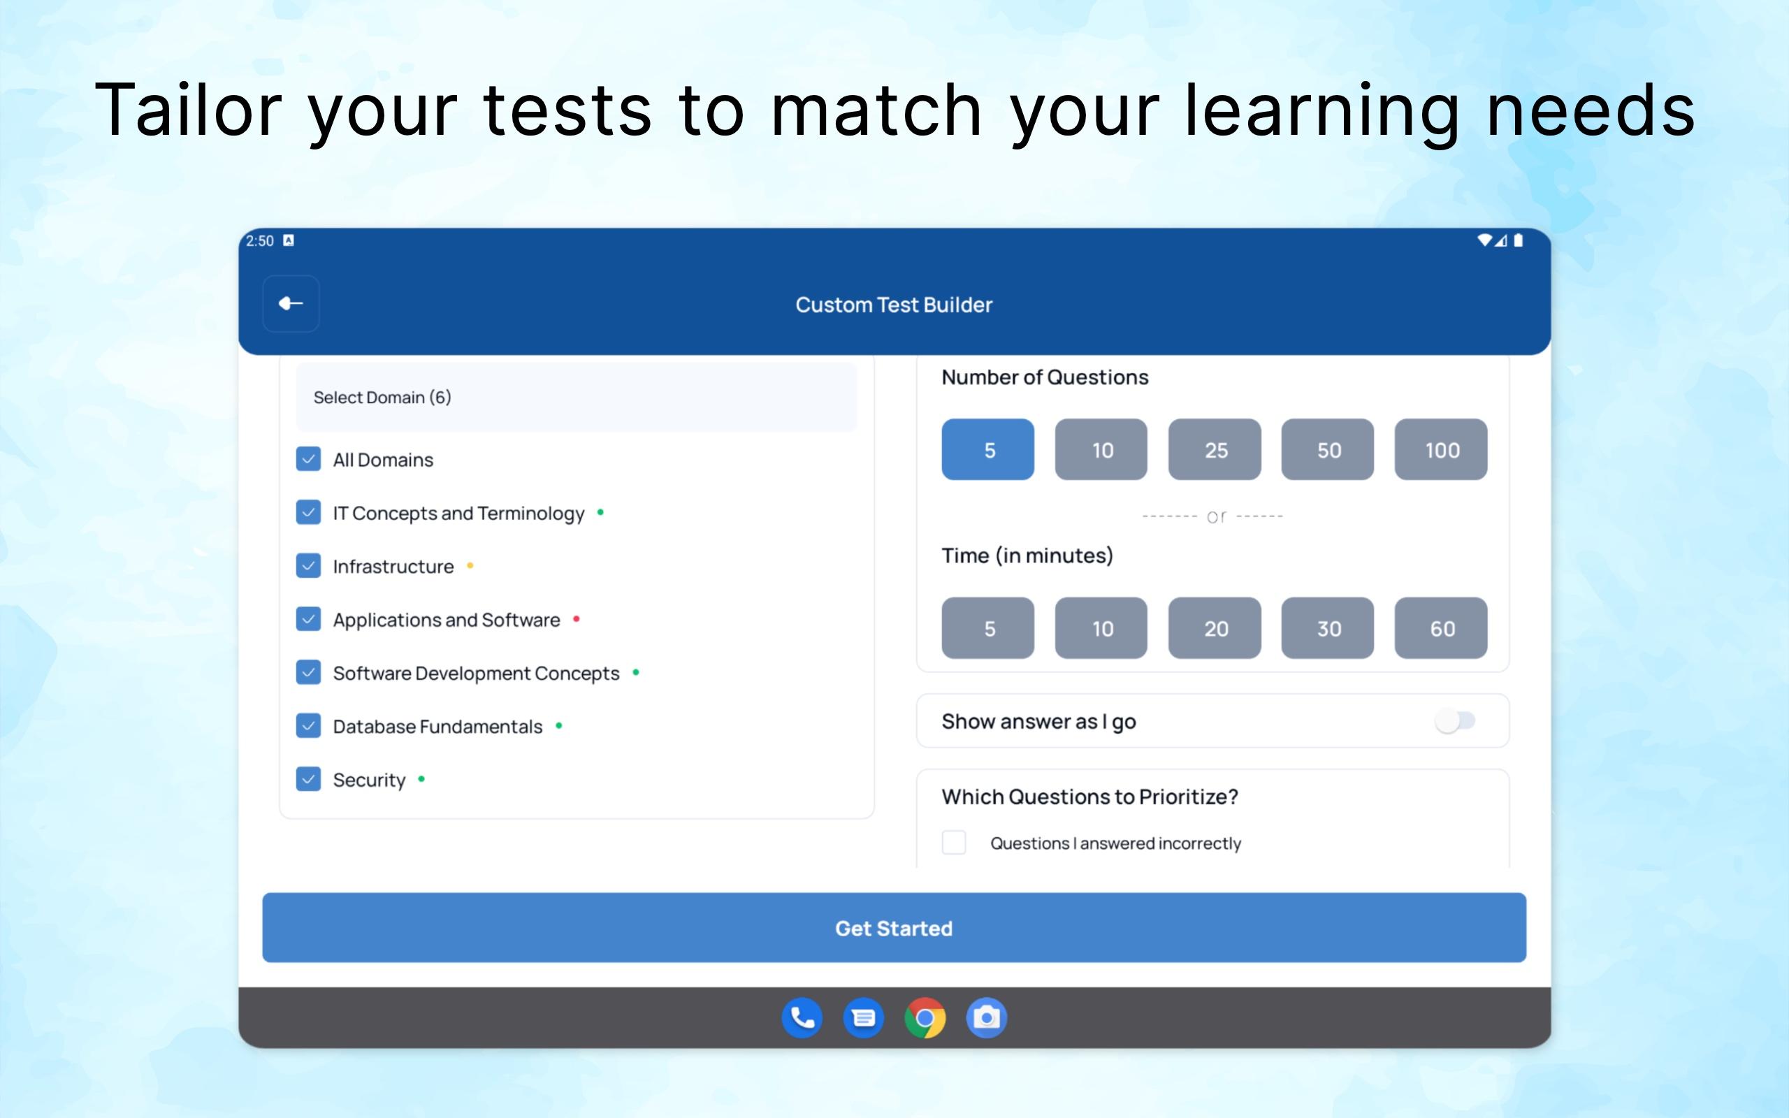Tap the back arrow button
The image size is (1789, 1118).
pyautogui.click(x=291, y=303)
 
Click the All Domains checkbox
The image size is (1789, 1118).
pyautogui.click(x=308, y=459)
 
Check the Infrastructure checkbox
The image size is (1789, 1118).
pyautogui.click(x=308, y=566)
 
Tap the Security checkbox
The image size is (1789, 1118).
pyautogui.click(x=308, y=778)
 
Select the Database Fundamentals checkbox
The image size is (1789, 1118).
pyautogui.click(x=308, y=725)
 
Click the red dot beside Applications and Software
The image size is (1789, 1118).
pyautogui.click(x=576, y=619)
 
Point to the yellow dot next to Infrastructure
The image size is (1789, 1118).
pyautogui.click(x=470, y=566)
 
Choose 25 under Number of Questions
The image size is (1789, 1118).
pyautogui.click(x=1215, y=449)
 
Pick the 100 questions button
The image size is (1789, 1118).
pyautogui.click(x=1441, y=449)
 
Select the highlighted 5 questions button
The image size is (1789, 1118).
pyautogui.click(x=987, y=449)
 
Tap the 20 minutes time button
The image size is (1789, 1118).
pyautogui.click(x=1215, y=627)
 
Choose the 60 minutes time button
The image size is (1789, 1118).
pyautogui.click(x=1441, y=627)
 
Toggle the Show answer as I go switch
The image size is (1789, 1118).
pyautogui.click(x=1454, y=721)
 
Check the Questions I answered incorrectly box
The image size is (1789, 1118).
pyautogui.click(x=954, y=842)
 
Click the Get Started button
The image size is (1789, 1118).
pyautogui.click(x=894, y=927)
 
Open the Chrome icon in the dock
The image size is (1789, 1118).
pyautogui.click(x=925, y=1018)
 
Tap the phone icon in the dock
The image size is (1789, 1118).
pyautogui.click(x=802, y=1018)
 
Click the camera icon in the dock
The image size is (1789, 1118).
pyautogui.click(x=986, y=1018)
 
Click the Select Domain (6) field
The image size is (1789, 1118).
pyautogui.click(x=577, y=397)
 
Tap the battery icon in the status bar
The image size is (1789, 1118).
pyautogui.click(x=1518, y=240)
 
